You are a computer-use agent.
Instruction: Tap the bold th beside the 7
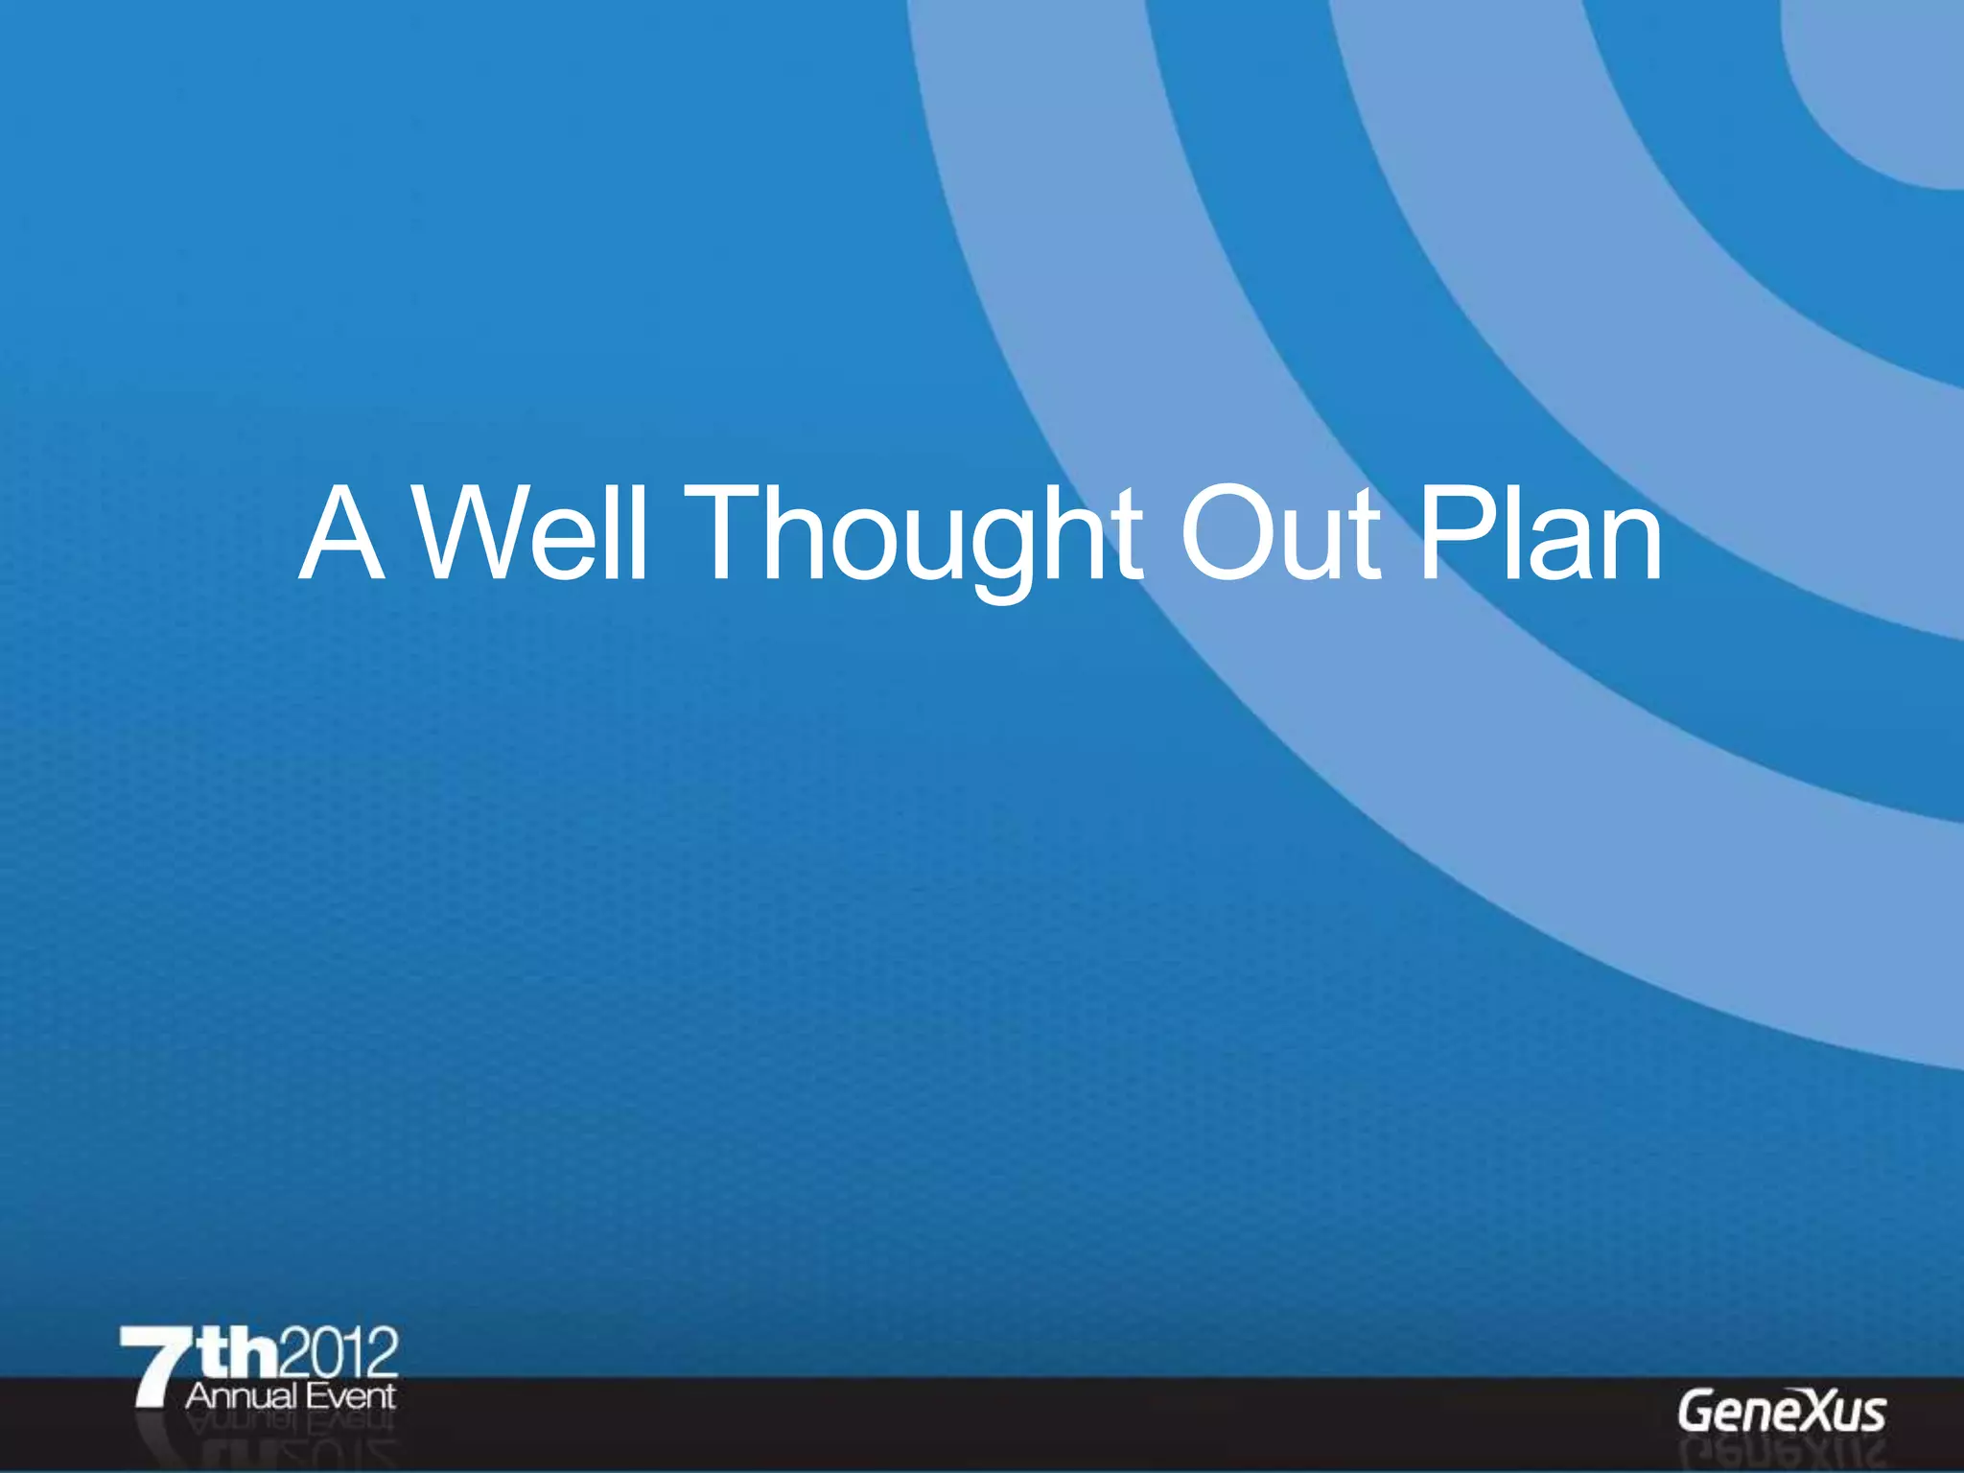coord(240,1352)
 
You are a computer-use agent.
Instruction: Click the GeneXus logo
coord(1782,1412)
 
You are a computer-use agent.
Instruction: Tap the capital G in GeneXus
coord(1695,1412)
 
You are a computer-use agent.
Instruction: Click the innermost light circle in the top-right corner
coord(1889,86)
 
